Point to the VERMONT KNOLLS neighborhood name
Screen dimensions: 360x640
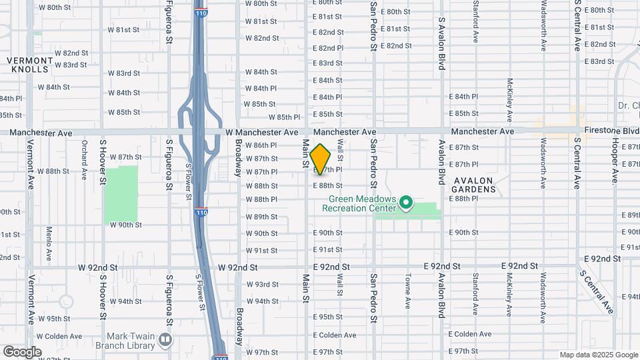pyautogui.click(x=29, y=65)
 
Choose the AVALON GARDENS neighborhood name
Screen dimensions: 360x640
pyautogui.click(x=475, y=185)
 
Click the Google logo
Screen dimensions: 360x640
pyautogui.click(x=22, y=351)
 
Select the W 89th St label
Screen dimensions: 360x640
pyautogui.click(x=262, y=217)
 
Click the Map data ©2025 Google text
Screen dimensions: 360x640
pyautogui.click(x=598, y=355)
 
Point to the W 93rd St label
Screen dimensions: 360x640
pyautogui.click(x=262, y=284)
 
